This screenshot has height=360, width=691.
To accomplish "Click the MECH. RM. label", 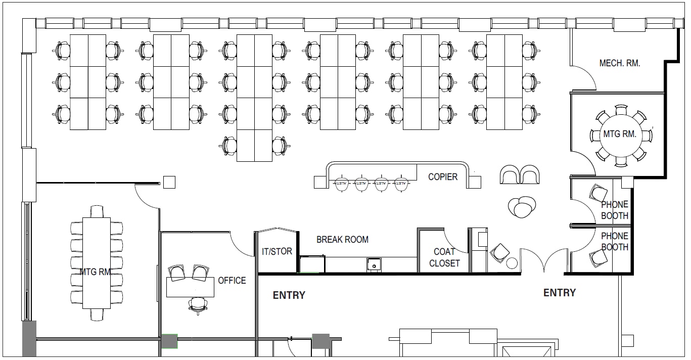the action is [619, 63].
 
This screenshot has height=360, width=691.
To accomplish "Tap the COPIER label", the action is [443, 177].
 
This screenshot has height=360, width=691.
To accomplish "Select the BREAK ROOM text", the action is [342, 239].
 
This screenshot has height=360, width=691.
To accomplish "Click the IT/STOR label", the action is [277, 251].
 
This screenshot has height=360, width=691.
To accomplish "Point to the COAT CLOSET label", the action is [444, 257].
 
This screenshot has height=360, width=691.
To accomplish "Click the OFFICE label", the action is [232, 281].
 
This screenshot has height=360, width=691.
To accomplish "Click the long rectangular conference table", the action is [97, 263].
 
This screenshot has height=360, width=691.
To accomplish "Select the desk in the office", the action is [190, 287].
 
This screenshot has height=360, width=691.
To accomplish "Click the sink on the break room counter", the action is [374, 265].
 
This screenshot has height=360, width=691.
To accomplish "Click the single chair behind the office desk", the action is [198, 305].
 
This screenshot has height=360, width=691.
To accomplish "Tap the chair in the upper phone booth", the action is [598, 194].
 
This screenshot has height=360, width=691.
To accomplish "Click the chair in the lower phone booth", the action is [598, 258].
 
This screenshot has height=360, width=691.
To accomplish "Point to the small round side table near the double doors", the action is [512, 263].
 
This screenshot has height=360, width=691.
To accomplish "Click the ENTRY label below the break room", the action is [289, 295].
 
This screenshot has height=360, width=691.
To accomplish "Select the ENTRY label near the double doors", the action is [559, 292].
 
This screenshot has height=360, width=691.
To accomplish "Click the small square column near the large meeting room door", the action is [169, 183].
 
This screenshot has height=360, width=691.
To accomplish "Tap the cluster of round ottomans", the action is [522, 207].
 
